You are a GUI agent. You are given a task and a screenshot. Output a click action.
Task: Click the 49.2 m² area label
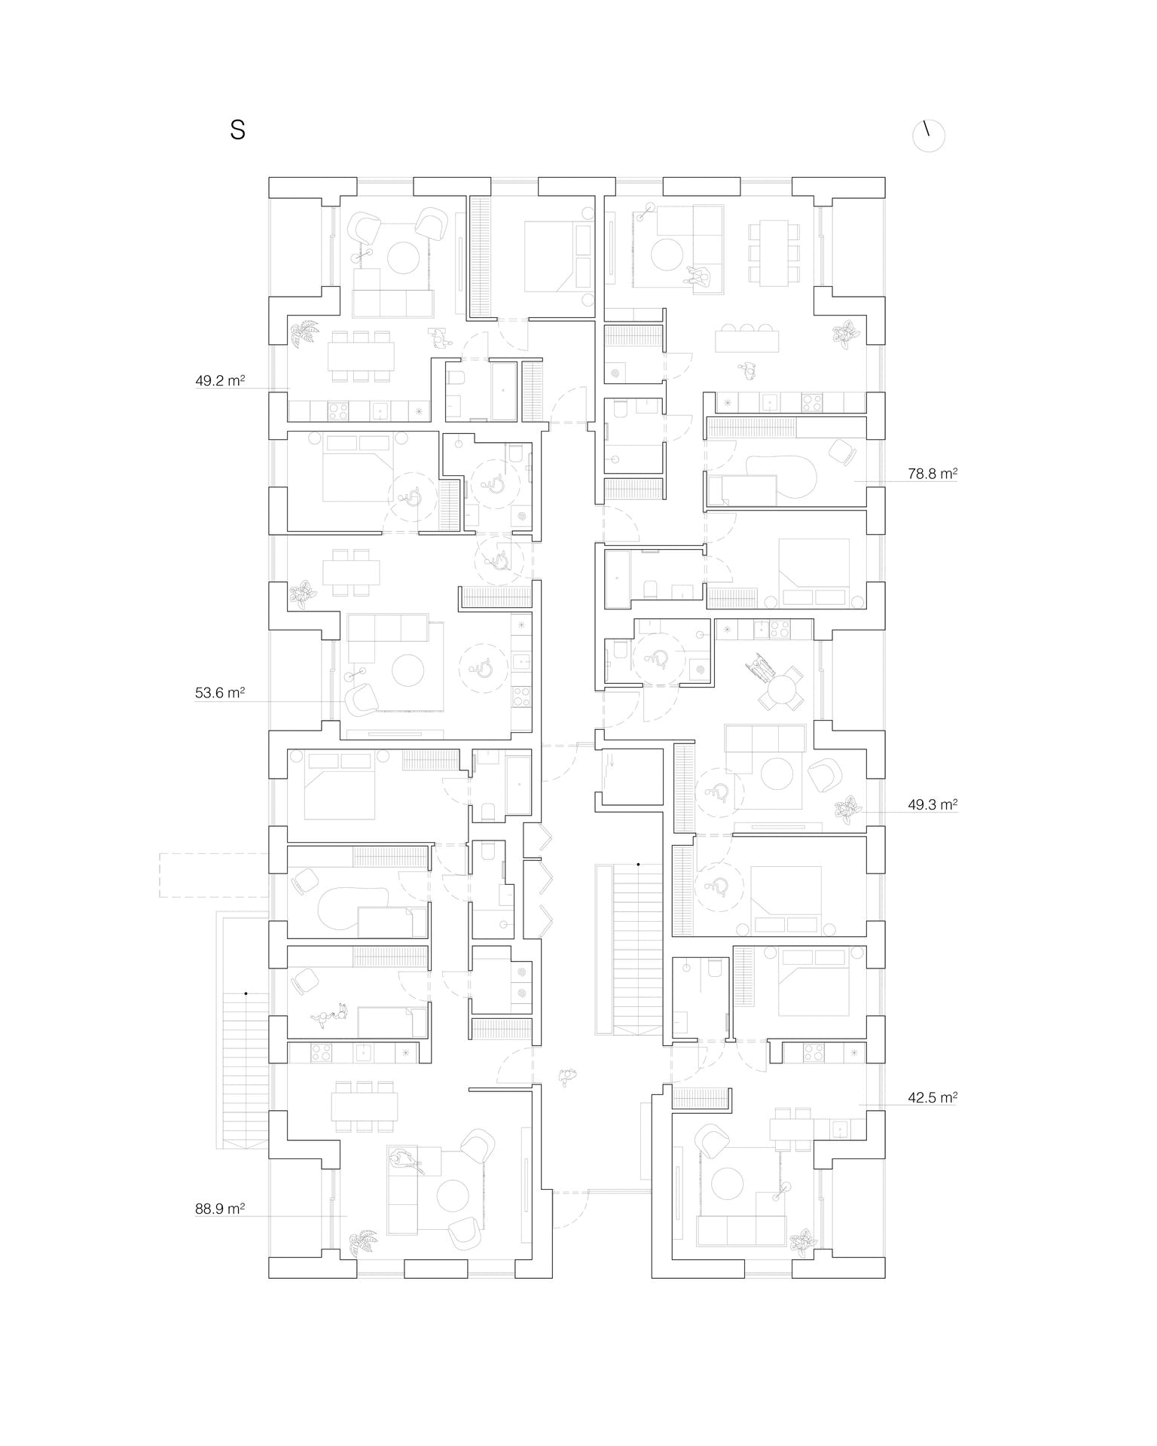(220, 380)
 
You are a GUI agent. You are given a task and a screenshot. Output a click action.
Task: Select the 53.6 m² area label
(220, 693)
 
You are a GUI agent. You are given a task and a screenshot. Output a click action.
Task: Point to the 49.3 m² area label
(933, 804)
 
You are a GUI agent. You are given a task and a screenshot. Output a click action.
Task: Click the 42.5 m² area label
(933, 1097)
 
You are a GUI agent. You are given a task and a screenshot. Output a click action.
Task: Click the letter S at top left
(238, 130)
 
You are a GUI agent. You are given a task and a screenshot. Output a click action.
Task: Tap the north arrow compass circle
(929, 136)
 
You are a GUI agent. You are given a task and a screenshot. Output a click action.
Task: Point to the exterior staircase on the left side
(245, 1069)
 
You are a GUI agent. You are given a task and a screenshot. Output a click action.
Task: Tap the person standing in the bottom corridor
(566, 1077)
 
